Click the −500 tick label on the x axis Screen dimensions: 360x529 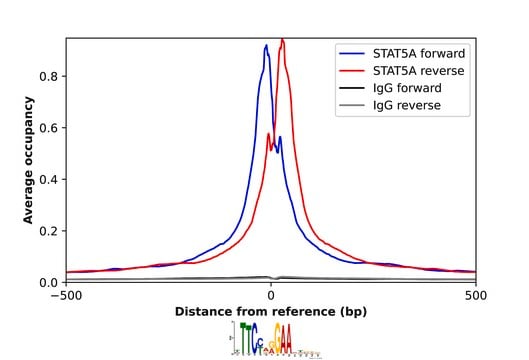66,296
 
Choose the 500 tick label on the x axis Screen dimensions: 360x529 476,296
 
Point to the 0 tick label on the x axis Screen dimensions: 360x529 271,296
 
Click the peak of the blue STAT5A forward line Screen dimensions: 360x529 266,45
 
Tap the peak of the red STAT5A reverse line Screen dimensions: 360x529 282,40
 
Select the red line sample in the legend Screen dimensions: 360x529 351,71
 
